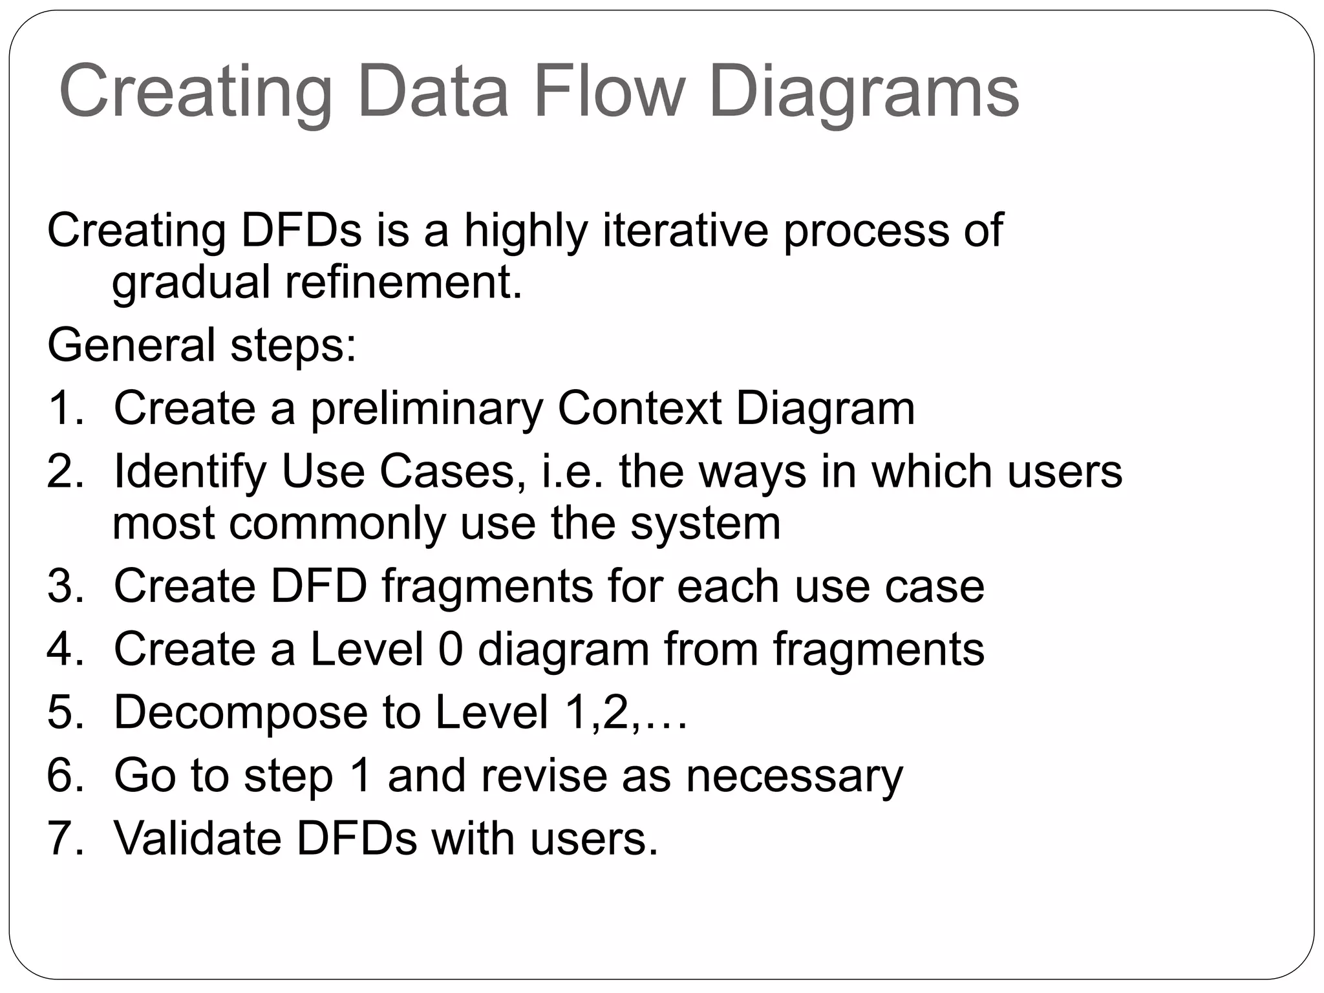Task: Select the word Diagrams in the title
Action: click(x=864, y=91)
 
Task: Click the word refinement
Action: click(x=403, y=283)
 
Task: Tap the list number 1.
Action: click(x=65, y=408)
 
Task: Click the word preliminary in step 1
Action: click(x=427, y=409)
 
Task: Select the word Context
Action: click(x=639, y=408)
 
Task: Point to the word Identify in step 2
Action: click(x=190, y=472)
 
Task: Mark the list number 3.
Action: click(x=65, y=586)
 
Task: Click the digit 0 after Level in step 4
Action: click(x=451, y=649)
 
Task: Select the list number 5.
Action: click(x=65, y=712)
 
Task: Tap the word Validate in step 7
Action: click(x=198, y=838)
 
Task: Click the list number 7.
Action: click(x=65, y=838)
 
